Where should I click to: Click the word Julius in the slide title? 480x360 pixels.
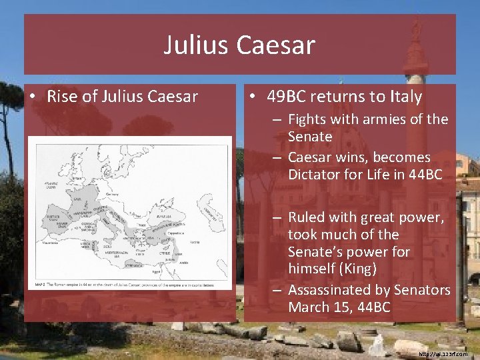195,45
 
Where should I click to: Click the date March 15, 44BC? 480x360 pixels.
339,307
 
